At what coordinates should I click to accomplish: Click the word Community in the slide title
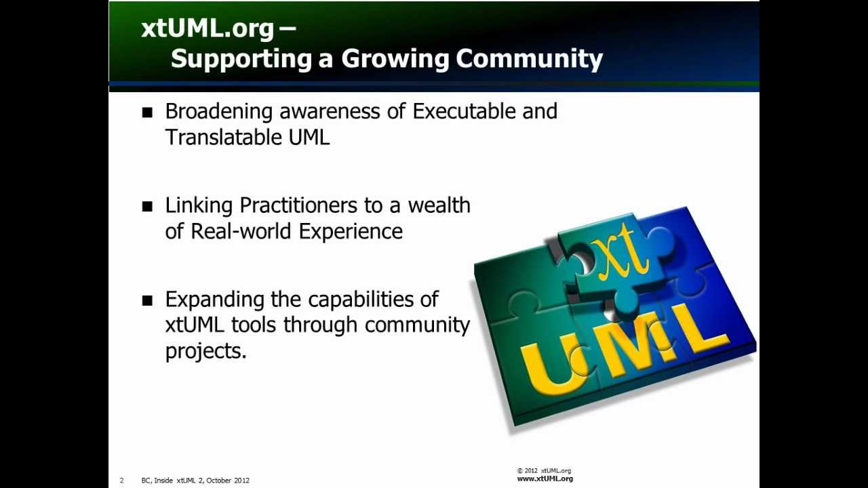[529, 59]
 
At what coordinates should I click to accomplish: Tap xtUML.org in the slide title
[208, 28]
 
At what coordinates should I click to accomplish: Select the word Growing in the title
[395, 59]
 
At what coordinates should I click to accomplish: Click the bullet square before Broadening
[147, 113]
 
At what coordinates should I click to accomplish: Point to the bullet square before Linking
[147, 207]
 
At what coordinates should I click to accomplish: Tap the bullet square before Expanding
[147, 300]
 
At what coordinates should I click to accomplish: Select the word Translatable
[224, 137]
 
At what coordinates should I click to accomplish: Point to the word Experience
[351, 231]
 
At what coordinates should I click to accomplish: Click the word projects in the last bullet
[203, 351]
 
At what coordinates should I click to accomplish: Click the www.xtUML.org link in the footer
[545, 479]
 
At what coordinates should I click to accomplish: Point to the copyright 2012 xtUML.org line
[544, 470]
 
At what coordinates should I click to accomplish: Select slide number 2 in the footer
[122, 481]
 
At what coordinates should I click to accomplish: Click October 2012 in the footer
[228, 481]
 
